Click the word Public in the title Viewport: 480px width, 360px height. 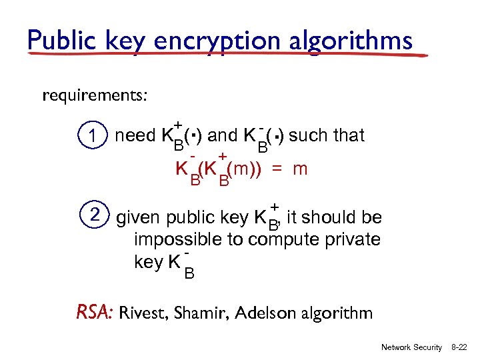62,41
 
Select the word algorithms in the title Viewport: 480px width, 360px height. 354,41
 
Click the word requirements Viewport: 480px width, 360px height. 95,96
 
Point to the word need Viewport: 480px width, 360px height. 135,136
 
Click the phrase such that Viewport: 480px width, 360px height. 327,136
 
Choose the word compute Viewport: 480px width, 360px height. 281,240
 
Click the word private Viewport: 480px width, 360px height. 350,239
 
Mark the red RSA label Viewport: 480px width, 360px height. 96,311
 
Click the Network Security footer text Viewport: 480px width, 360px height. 411,348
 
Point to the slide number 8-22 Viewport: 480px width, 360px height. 458,348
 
